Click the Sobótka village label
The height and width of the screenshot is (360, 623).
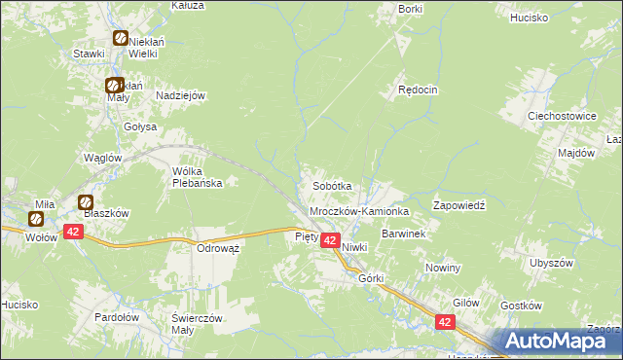[x=331, y=185]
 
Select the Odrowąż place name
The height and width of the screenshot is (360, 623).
[x=218, y=248]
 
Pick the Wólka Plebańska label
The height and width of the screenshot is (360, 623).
[x=198, y=176]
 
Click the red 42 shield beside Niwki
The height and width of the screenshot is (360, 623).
[x=330, y=240]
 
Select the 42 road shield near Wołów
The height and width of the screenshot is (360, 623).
[x=73, y=231]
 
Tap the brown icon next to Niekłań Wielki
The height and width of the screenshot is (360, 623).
[x=120, y=38]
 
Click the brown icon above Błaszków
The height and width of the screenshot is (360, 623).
[x=86, y=202]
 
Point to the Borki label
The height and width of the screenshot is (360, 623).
[x=411, y=9]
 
